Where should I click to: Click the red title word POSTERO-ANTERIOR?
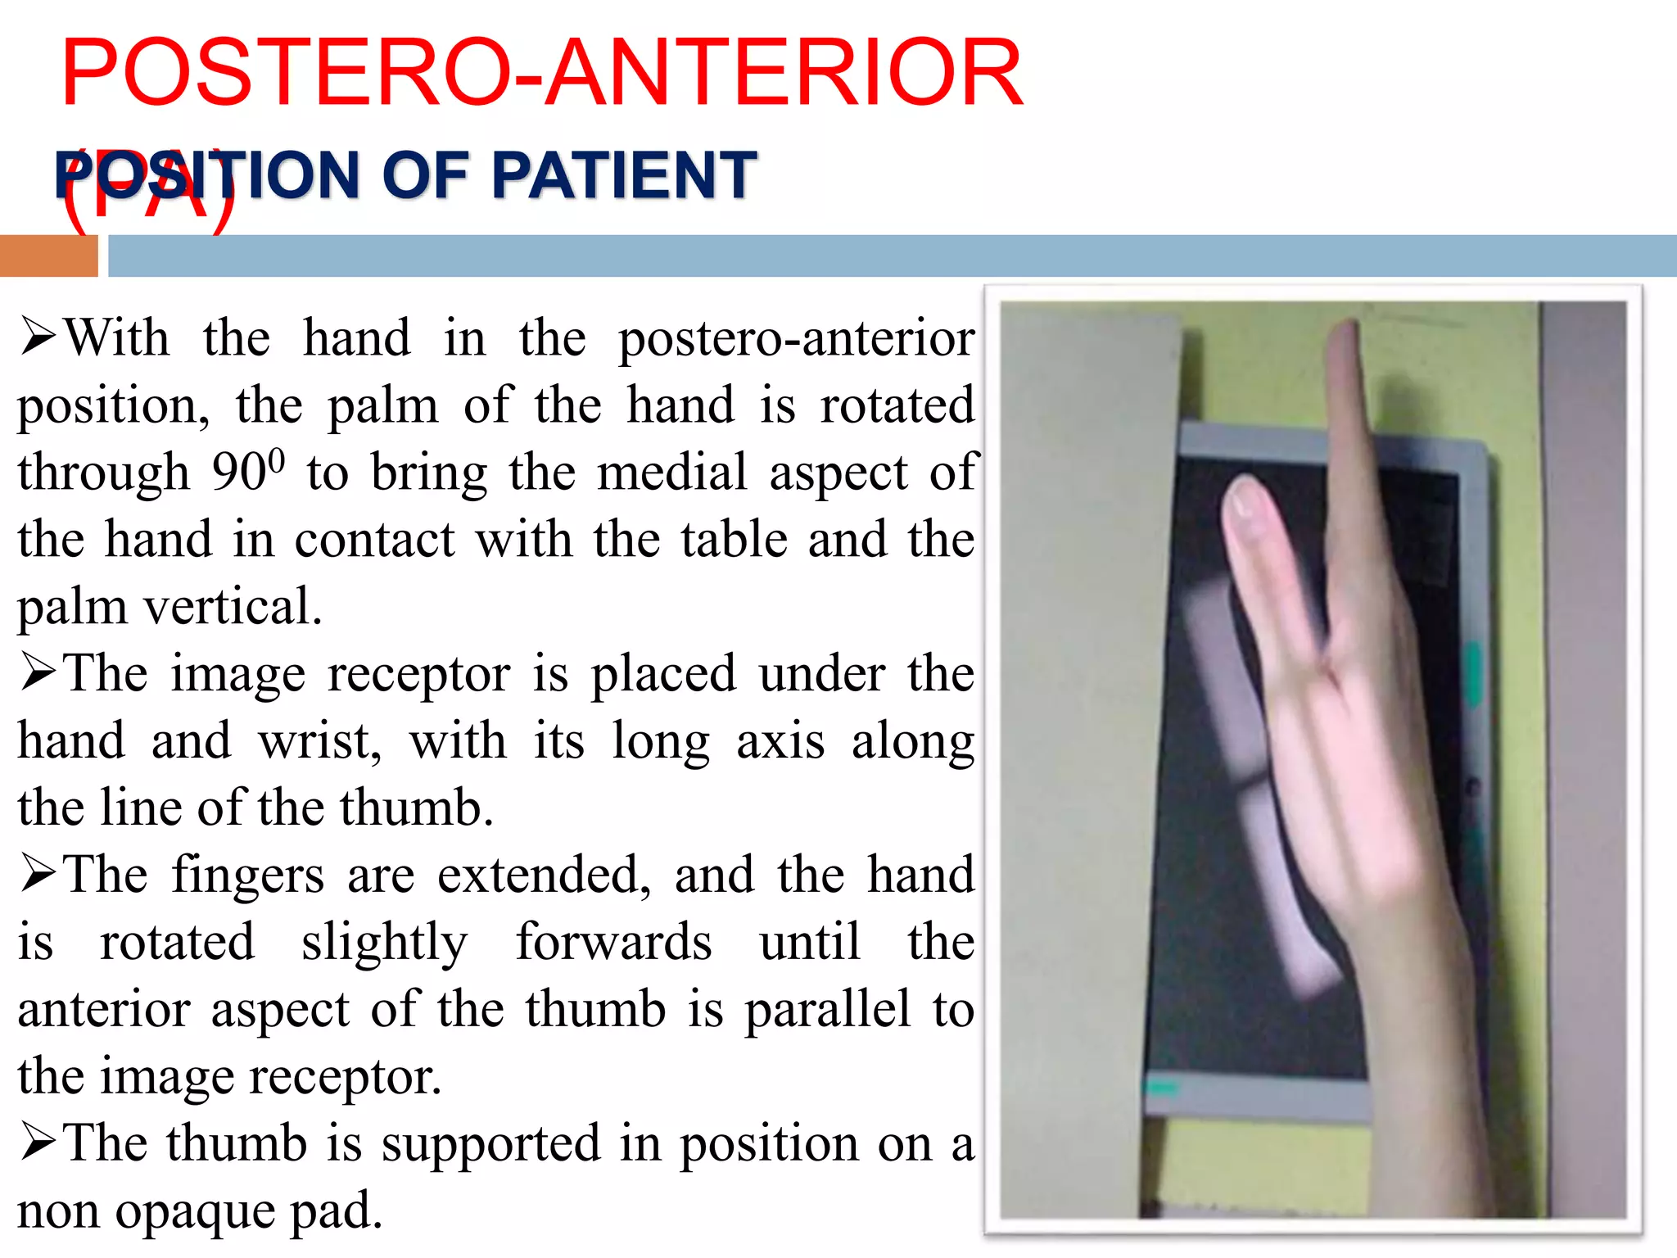pos(541,74)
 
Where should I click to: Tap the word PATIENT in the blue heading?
pos(623,175)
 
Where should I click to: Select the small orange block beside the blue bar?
pos(48,256)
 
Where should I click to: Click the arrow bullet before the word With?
pos(38,337)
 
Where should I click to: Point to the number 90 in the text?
pos(238,473)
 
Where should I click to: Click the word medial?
pos(671,473)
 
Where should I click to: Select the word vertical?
pos(233,607)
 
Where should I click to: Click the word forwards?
pos(613,942)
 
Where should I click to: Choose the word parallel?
pos(827,1009)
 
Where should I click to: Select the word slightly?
pos(384,942)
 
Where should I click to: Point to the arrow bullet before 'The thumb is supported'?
pos(38,1143)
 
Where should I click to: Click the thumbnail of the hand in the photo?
pos(1245,500)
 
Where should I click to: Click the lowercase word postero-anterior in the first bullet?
pos(796,337)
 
